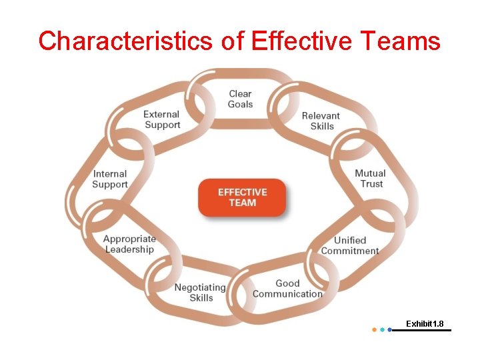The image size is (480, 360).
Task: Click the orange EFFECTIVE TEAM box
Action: [x=242, y=197]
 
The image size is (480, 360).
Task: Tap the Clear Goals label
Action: [x=240, y=99]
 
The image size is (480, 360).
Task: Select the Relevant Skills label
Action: [x=321, y=121]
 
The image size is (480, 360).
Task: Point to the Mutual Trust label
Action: [x=370, y=179]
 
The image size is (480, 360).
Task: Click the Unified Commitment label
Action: [x=350, y=245]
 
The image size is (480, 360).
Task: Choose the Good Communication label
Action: [x=287, y=289]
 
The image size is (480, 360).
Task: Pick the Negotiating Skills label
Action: [x=200, y=293]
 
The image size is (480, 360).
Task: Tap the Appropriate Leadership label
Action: [x=129, y=244]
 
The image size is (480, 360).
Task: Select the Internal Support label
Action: [x=110, y=179]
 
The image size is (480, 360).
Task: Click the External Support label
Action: [x=162, y=119]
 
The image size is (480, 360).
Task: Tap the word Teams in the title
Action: [x=401, y=41]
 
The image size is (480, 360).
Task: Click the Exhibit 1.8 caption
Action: [x=425, y=324]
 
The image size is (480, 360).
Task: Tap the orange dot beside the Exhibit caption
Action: [x=374, y=329]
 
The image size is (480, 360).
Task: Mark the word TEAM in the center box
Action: [x=242, y=203]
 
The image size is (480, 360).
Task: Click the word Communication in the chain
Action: [x=287, y=294]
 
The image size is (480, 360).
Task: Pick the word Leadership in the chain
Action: [x=129, y=249]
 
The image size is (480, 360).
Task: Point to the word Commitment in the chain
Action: [x=350, y=251]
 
